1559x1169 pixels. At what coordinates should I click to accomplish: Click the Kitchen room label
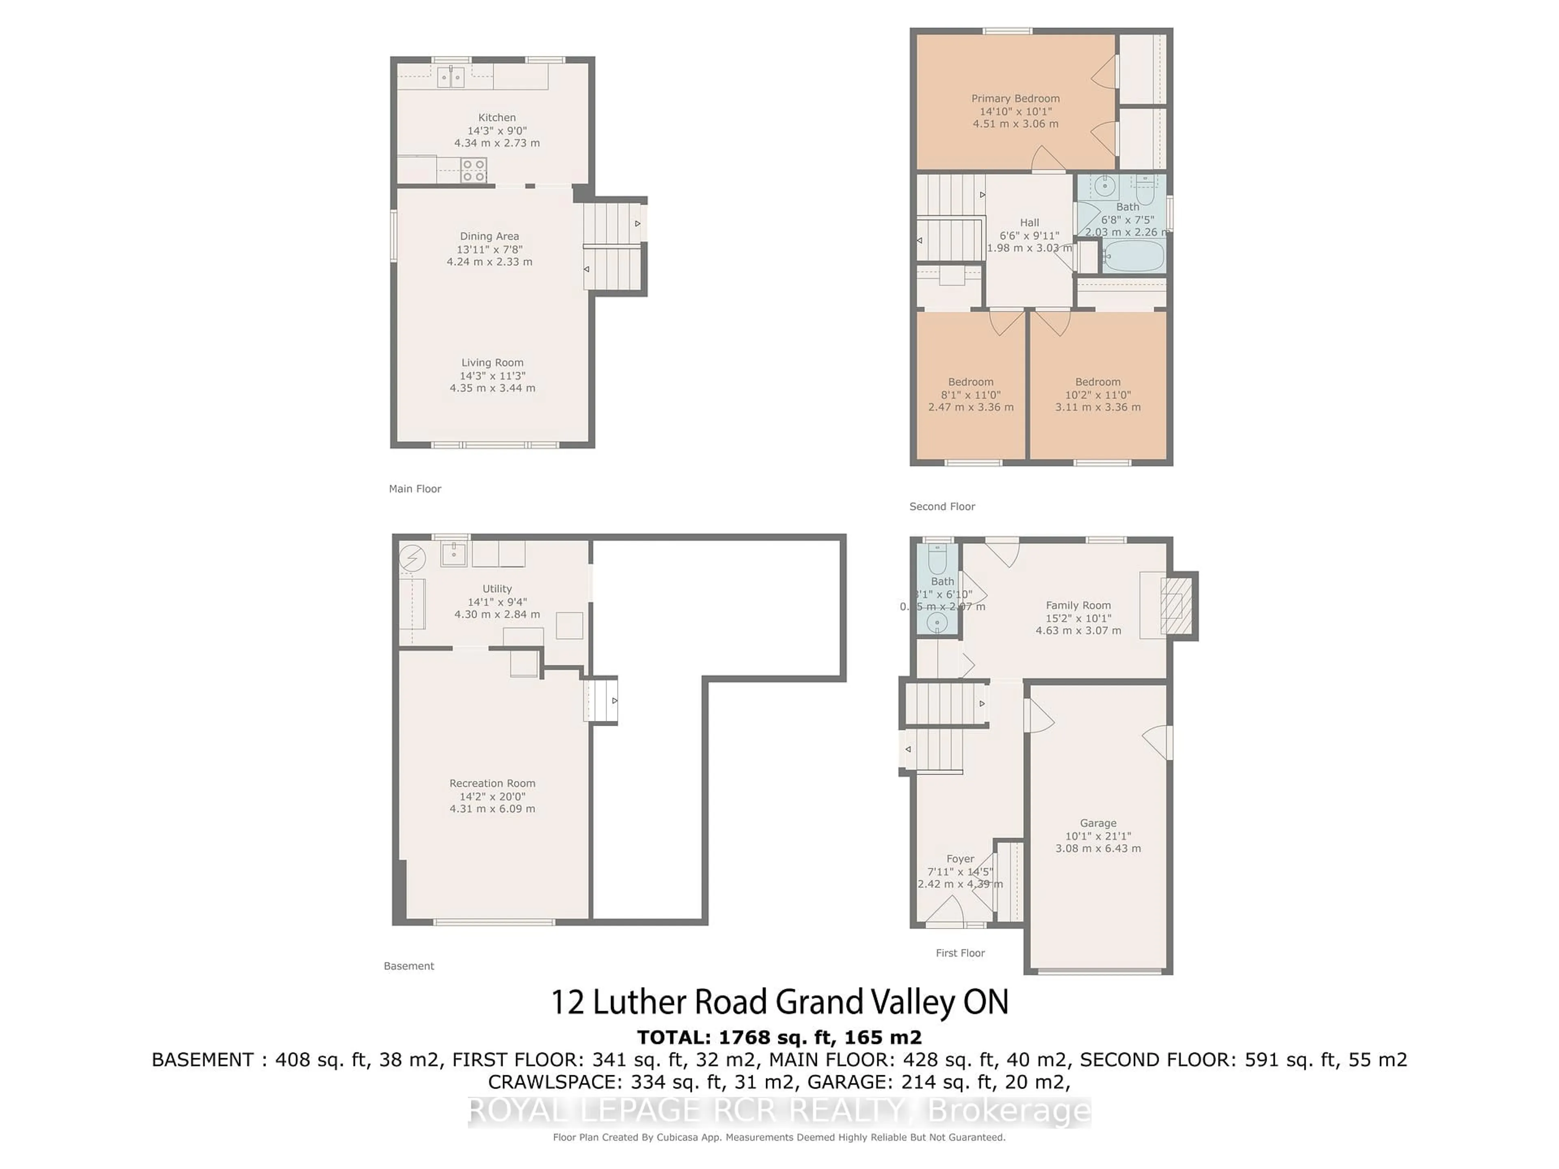point(497,118)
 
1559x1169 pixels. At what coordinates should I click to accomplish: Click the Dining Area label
point(489,236)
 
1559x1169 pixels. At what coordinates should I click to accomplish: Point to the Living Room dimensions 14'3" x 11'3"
point(492,375)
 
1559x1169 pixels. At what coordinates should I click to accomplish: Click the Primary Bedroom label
point(1015,99)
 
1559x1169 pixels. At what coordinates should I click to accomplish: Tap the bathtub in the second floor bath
point(1133,257)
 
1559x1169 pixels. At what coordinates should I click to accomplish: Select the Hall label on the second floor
point(1029,223)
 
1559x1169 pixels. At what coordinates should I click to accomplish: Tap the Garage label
point(1097,823)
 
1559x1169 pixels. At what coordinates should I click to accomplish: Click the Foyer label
point(960,859)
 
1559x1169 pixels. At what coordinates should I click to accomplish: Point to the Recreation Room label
point(492,783)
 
